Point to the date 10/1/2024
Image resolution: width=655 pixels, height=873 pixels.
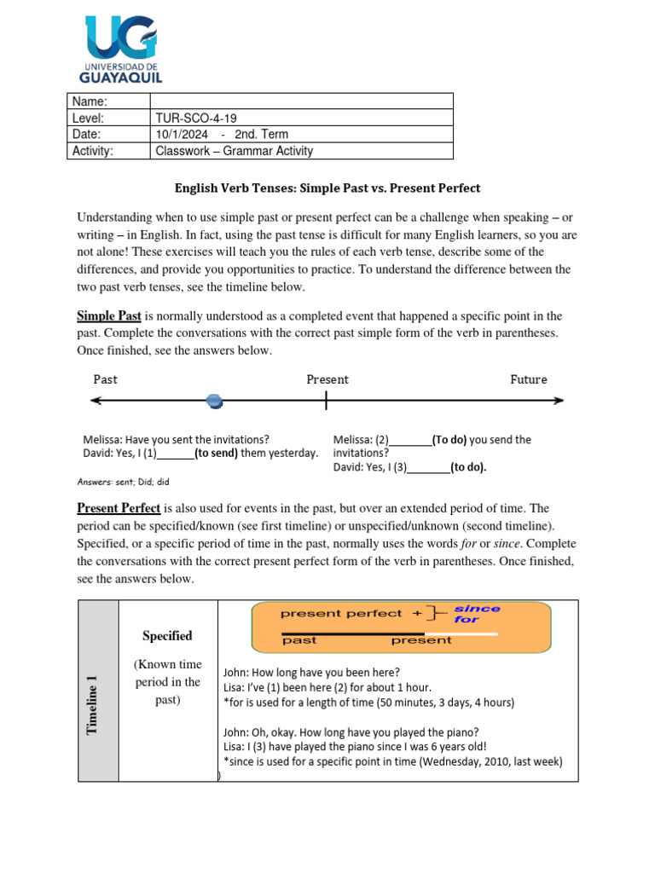click(x=182, y=134)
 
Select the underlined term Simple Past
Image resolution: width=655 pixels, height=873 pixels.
click(x=108, y=316)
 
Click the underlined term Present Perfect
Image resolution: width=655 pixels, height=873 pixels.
click(x=119, y=508)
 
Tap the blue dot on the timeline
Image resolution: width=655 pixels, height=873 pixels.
click(x=215, y=401)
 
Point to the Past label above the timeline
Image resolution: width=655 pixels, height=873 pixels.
click(x=105, y=379)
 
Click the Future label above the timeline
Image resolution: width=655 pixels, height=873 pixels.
click(x=528, y=379)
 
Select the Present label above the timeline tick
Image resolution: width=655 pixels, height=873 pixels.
click(x=327, y=379)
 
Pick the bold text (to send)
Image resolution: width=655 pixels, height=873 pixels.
click(x=216, y=453)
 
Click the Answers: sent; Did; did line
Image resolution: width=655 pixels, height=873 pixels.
click(x=124, y=482)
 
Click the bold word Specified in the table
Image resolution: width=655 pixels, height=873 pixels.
click(x=167, y=636)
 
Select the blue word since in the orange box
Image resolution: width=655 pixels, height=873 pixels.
click(x=477, y=609)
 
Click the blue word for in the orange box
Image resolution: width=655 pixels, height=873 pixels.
click(x=467, y=620)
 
